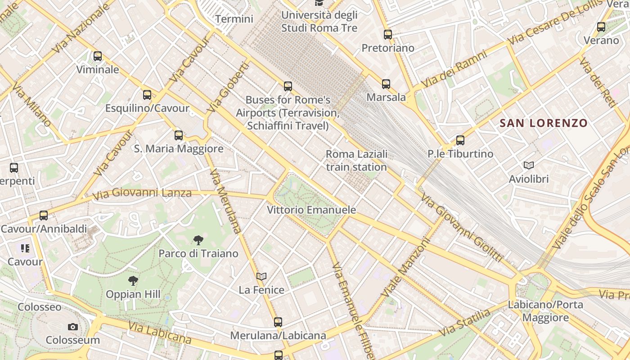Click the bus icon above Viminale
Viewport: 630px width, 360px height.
98,56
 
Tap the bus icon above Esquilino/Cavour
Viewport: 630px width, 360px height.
147,95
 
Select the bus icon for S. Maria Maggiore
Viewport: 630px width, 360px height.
179,135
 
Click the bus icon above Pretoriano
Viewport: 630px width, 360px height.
388,34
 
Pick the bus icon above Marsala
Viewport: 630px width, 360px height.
386,84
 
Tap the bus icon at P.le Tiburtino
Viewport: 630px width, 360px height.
460,140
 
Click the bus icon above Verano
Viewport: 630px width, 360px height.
601,27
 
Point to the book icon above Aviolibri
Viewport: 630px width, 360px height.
529,166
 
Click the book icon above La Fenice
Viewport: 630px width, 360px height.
261,276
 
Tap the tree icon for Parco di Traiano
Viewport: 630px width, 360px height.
198,240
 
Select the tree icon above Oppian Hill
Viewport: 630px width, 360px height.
133,281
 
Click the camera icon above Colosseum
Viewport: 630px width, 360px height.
73,327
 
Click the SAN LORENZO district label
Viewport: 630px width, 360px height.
544,123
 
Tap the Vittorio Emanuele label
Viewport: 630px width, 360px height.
311,210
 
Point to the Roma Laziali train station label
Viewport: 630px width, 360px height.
356,161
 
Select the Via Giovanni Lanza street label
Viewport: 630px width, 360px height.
142,194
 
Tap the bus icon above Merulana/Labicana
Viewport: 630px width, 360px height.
278,322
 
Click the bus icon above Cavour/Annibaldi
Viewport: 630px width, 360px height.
44,216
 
